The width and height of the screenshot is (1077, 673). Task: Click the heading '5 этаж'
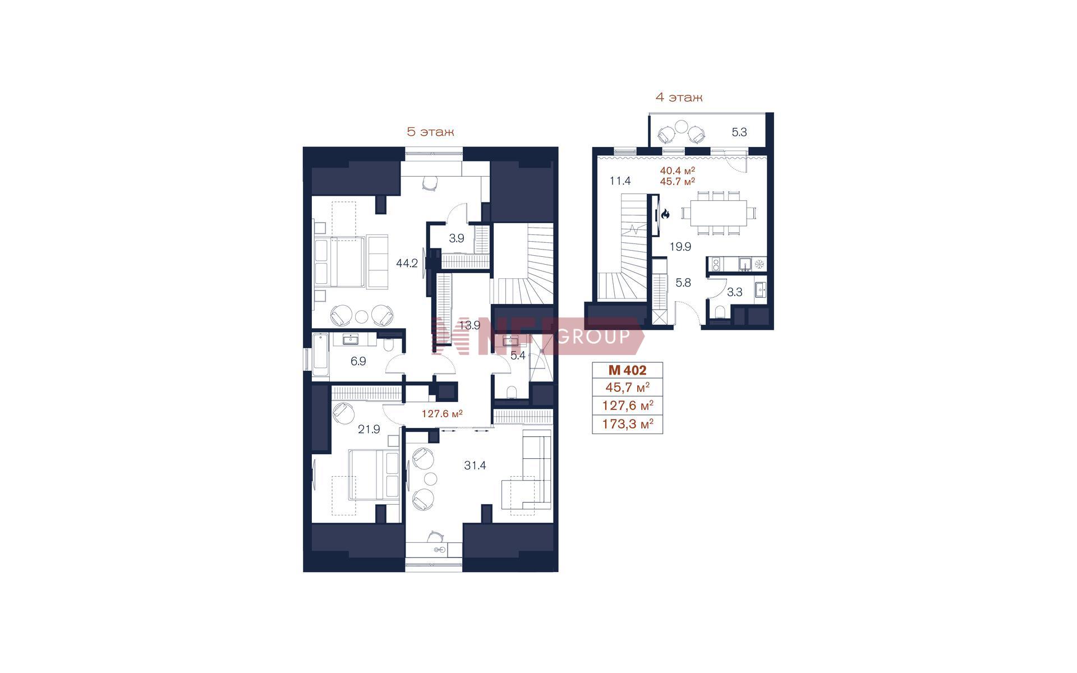coord(430,132)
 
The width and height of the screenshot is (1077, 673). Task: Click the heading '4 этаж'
coord(679,98)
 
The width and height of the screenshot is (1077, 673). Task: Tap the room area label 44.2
coord(407,263)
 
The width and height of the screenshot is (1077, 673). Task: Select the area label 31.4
coord(475,465)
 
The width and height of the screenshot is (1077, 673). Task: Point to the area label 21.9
coord(369,430)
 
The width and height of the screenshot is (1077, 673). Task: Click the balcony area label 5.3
coord(739,132)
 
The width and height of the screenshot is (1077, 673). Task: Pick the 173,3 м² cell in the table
coord(627,424)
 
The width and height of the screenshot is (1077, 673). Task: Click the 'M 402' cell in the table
coord(627,370)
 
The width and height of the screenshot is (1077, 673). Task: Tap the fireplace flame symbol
coord(666,213)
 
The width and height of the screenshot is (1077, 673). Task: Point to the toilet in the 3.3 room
coord(721,312)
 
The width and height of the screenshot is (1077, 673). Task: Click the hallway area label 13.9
coord(470,325)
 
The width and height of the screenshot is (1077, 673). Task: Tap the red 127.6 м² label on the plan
coord(442,414)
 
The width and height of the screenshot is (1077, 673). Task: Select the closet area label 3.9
coord(457,238)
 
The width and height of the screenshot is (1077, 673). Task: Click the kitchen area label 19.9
coord(680,247)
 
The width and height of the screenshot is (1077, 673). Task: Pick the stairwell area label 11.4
coord(620,181)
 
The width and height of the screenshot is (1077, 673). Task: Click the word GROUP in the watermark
coord(595,336)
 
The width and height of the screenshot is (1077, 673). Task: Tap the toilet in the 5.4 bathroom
coord(511,391)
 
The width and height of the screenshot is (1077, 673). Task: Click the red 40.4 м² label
coord(678,170)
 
